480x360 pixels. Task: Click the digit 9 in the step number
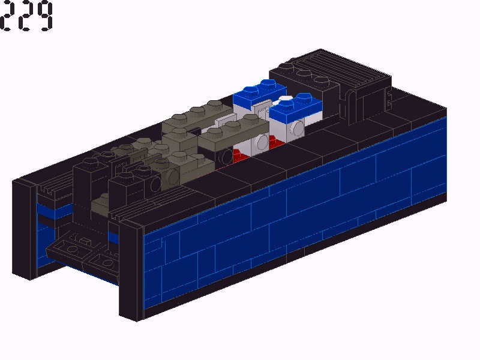click(x=43, y=16)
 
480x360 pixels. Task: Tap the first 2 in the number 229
click(x=8, y=16)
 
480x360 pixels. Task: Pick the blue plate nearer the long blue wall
click(x=295, y=105)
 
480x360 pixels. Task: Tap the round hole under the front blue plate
click(x=298, y=128)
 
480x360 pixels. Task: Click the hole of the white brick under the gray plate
click(x=262, y=142)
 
